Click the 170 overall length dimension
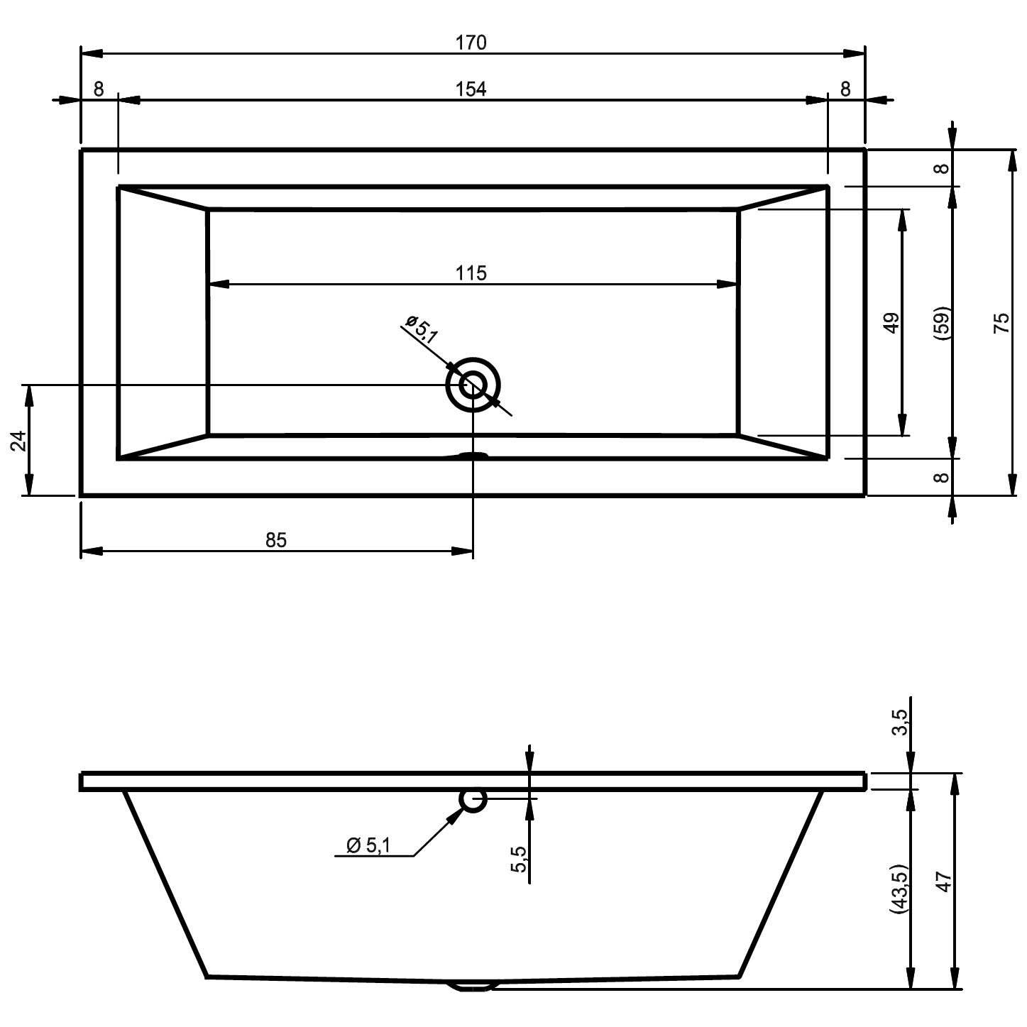point(471,43)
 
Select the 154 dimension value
point(471,89)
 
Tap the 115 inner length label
point(471,273)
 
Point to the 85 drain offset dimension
point(276,540)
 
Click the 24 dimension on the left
point(19,440)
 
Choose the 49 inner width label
point(891,322)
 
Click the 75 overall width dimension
point(1001,323)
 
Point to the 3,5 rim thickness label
point(900,722)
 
